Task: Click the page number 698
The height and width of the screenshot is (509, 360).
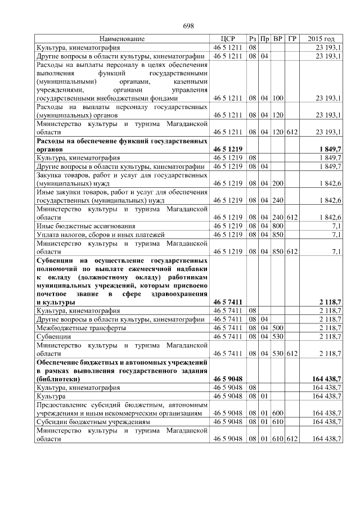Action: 188,26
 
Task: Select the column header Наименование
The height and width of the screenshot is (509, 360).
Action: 122,39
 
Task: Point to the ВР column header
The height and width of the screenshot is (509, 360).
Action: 277,39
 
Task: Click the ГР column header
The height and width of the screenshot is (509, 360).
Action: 291,39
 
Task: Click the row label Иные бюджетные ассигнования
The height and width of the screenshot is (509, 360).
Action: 78,226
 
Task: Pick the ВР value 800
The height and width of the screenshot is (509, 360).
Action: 277,226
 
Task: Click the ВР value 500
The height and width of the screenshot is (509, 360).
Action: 277,327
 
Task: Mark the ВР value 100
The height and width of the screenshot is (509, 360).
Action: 277,98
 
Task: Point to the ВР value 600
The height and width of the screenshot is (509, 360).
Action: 277,412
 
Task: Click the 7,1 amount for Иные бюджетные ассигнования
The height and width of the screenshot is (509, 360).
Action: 336,226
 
